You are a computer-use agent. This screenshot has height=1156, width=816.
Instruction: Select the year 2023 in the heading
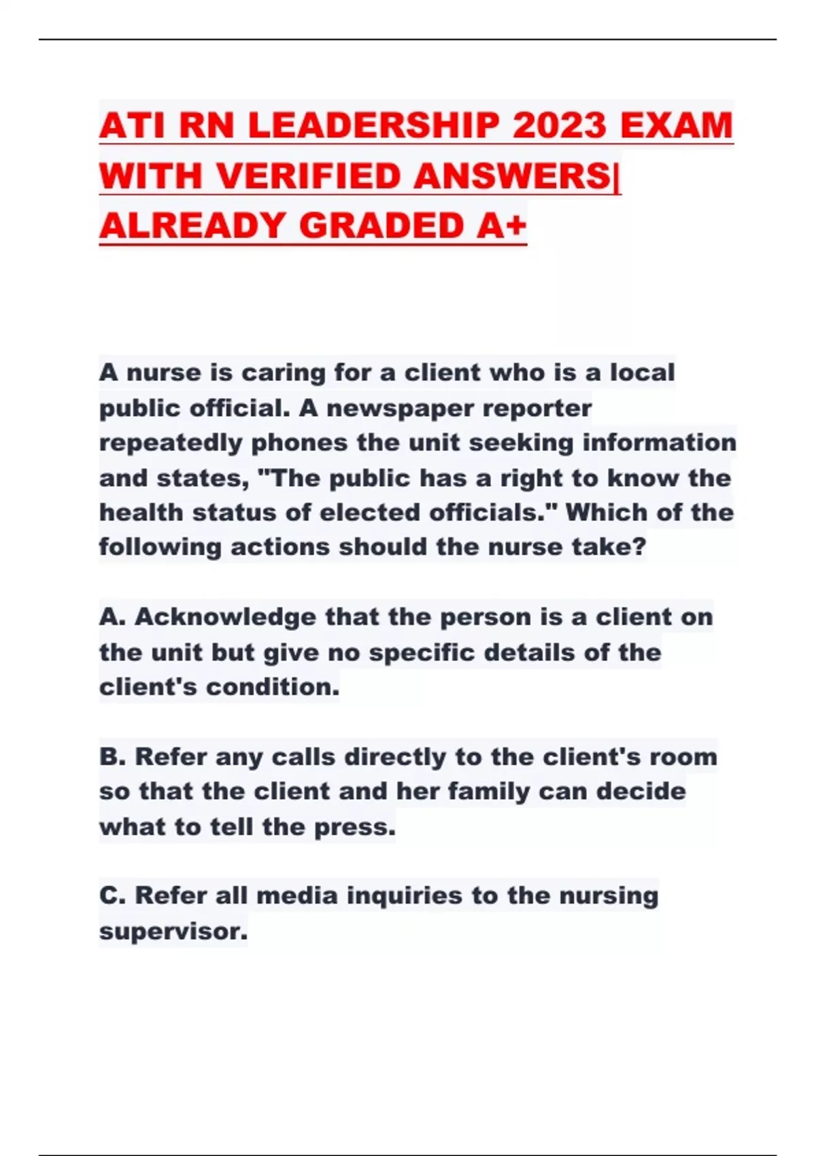pos(559,126)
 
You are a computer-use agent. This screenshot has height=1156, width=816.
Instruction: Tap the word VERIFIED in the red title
pos(312,176)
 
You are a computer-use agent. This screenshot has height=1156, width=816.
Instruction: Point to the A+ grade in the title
pos(501,226)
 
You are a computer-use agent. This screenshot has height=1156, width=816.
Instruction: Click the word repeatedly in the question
pos(171,443)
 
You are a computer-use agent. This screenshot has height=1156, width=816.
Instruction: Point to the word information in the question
pos(659,443)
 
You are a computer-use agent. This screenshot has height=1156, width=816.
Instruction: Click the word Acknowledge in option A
pos(225,617)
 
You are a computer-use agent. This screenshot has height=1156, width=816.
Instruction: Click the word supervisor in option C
pos(173,930)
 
